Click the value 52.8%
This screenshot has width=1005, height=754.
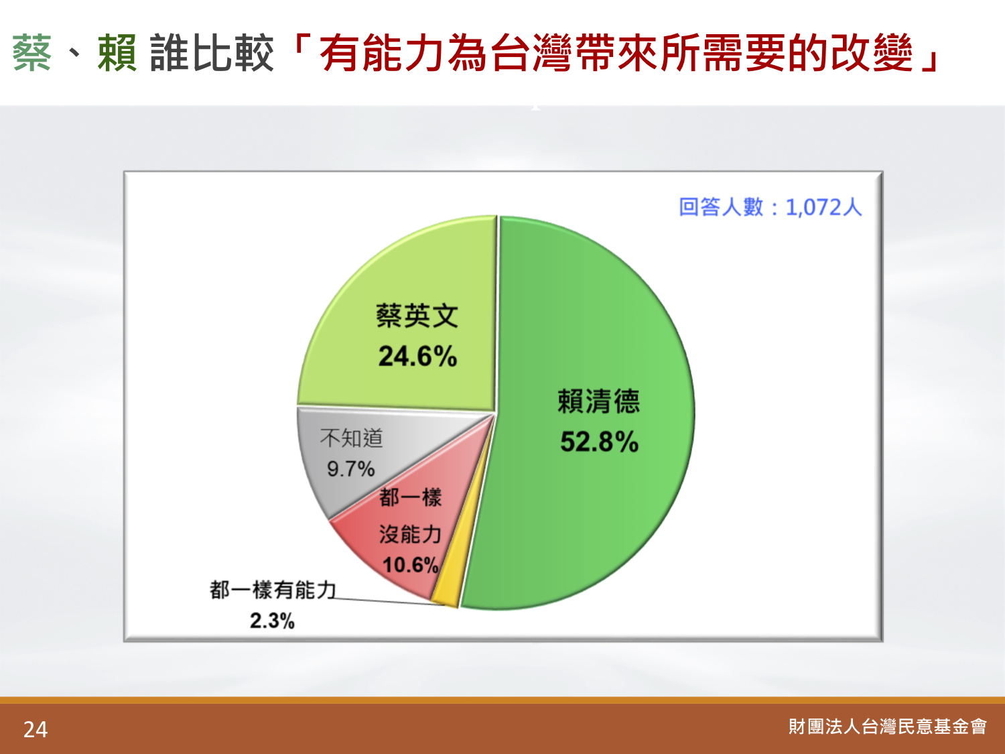[x=599, y=442]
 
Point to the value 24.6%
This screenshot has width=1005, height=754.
[x=417, y=356]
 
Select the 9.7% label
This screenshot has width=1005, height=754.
[x=350, y=468]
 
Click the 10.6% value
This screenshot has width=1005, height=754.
[x=411, y=564]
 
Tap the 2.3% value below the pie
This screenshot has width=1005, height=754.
[x=272, y=621]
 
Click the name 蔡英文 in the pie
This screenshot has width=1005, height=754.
[x=417, y=316]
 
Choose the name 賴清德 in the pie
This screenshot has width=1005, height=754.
[x=598, y=401]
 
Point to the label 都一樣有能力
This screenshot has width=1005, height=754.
[x=273, y=590]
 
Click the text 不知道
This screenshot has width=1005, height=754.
[x=351, y=438]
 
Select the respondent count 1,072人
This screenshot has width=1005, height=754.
[x=823, y=207]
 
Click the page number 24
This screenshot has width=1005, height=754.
[x=36, y=729]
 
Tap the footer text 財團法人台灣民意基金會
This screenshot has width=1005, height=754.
[x=887, y=727]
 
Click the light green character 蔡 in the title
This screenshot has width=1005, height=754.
[x=31, y=53]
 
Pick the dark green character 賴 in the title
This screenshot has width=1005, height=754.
[x=117, y=53]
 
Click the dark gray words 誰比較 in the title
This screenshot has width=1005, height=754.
[x=212, y=53]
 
